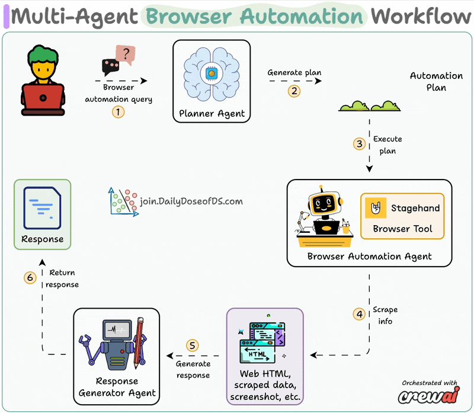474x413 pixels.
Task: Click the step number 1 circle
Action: [118, 111]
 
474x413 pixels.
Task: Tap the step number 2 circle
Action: [294, 91]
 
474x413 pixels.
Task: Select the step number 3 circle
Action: [359, 144]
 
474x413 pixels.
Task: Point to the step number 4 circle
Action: [359, 314]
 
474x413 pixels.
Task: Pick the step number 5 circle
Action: [191, 345]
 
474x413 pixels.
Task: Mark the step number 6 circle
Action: [30, 277]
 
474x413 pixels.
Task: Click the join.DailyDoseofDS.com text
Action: [191, 201]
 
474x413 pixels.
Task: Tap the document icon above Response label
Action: [42, 208]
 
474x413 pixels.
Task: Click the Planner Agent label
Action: [211, 113]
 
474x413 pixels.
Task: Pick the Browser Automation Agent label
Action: [369, 257]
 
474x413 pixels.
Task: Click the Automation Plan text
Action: [436, 81]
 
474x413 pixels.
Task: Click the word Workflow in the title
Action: [421, 16]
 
